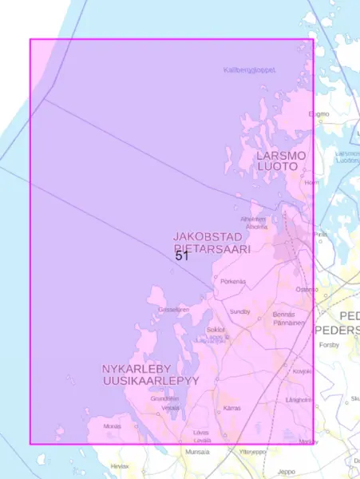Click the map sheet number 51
(x=182, y=256)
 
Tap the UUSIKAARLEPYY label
(x=150, y=382)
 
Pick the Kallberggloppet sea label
(x=249, y=70)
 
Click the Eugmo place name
(x=319, y=114)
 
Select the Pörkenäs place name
(x=233, y=281)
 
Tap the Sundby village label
(x=240, y=311)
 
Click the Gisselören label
(x=174, y=310)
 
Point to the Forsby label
(x=329, y=346)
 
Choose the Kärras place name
(x=231, y=408)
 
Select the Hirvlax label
(x=120, y=465)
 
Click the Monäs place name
(x=113, y=426)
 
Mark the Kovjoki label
(x=302, y=371)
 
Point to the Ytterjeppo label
(x=252, y=452)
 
